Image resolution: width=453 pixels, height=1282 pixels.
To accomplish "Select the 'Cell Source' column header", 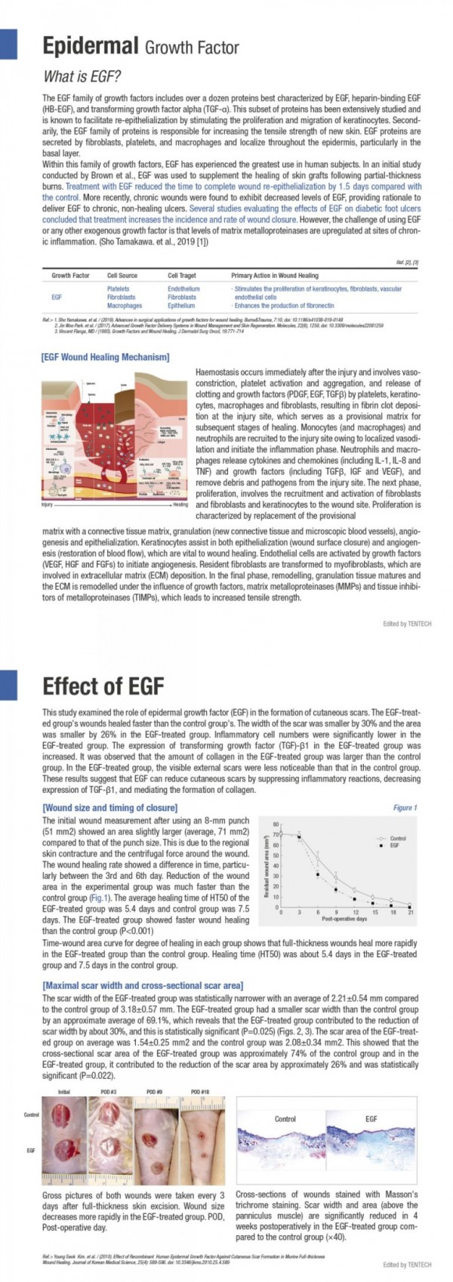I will click(x=122, y=276).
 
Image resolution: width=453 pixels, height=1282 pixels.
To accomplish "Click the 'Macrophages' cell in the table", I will click(x=124, y=306).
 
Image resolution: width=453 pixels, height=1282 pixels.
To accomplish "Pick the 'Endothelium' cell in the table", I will click(x=183, y=289).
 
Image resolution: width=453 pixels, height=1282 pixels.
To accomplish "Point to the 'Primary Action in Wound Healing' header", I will click(x=275, y=276).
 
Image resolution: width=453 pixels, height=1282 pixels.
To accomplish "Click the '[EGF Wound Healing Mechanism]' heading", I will click(x=105, y=356).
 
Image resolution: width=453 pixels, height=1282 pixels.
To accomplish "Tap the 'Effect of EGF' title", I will click(x=103, y=686).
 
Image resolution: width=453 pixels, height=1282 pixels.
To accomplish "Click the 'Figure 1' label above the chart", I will click(x=404, y=808).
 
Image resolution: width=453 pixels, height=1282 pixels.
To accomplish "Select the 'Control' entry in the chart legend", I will click(x=398, y=838).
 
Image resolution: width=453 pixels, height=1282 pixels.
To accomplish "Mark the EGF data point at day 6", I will click(x=317, y=874).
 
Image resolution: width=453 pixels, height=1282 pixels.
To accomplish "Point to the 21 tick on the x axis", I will click(x=410, y=913).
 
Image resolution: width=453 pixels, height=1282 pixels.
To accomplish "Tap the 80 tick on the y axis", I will click(x=276, y=824).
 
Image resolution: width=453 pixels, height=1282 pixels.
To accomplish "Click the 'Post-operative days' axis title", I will click(x=344, y=920).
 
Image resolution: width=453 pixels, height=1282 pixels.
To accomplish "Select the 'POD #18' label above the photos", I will click(x=200, y=1092).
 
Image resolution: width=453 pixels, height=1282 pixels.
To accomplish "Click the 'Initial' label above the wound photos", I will click(x=65, y=1092).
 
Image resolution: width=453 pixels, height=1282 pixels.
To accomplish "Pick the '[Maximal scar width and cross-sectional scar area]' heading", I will click(x=143, y=986).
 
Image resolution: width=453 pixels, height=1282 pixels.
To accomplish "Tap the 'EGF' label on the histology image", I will click(x=371, y=1119).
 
